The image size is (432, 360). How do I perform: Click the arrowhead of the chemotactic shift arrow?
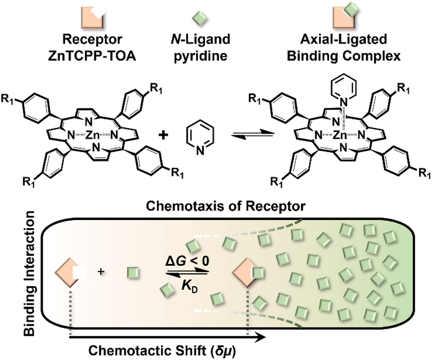click(x=261, y=339)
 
